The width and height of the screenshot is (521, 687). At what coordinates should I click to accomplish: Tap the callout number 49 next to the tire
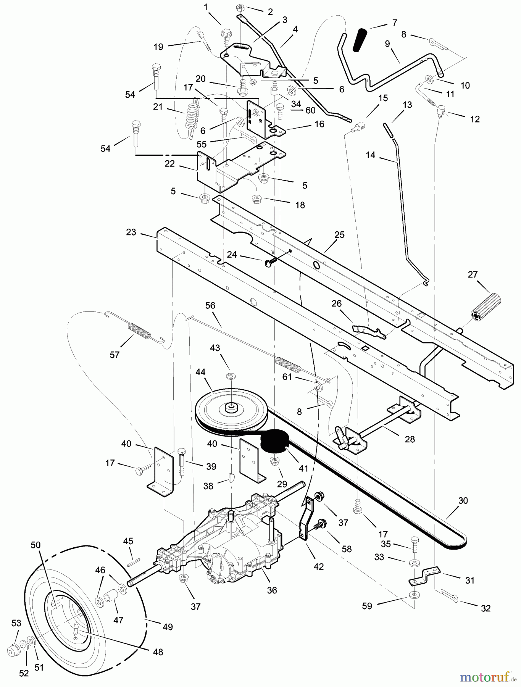coord(168,627)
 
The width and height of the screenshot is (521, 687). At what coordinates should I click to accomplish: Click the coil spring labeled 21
coord(192,114)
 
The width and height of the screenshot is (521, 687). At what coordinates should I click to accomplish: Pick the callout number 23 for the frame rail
coord(131,232)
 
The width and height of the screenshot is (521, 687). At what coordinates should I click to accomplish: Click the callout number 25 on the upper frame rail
coord(339,235)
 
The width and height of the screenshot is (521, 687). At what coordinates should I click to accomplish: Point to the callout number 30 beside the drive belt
coord(463,500)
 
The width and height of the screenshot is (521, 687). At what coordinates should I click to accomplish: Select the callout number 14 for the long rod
coord(370,155)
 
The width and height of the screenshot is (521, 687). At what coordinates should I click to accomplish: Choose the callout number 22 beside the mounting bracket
coord(169,164)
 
